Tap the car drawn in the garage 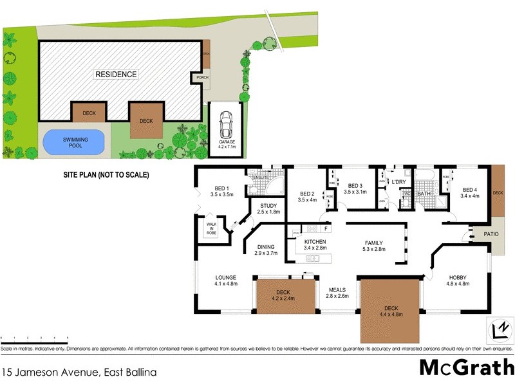coord(226,124)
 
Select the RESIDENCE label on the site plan coord(117,74)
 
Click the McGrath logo coord(465,368)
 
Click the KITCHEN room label coord(312,243)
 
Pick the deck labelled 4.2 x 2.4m coord(283,295)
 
